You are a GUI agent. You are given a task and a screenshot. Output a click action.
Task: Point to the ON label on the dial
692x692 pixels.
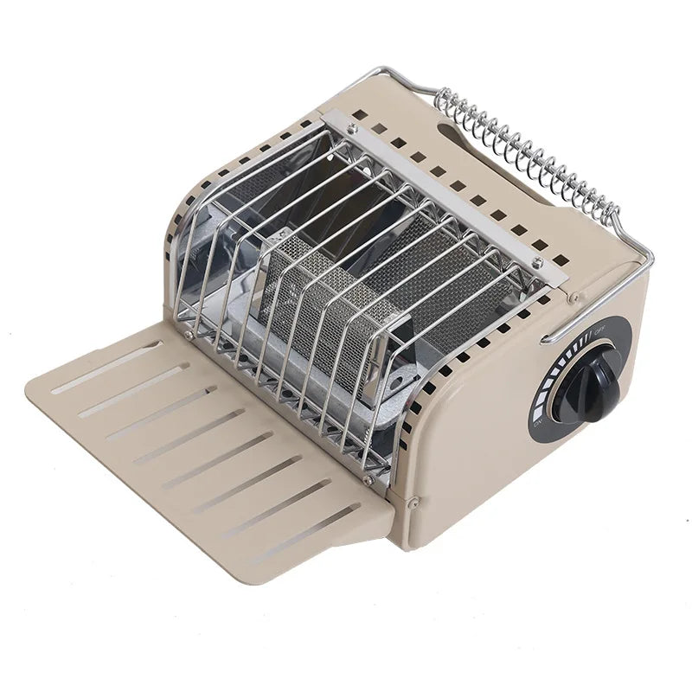click(x=537, y=424)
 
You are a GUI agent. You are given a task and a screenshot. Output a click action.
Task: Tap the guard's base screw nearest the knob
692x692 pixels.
click(x=368, y=478)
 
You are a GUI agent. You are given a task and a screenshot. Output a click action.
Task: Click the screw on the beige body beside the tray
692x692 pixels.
click(x=414, y=499)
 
